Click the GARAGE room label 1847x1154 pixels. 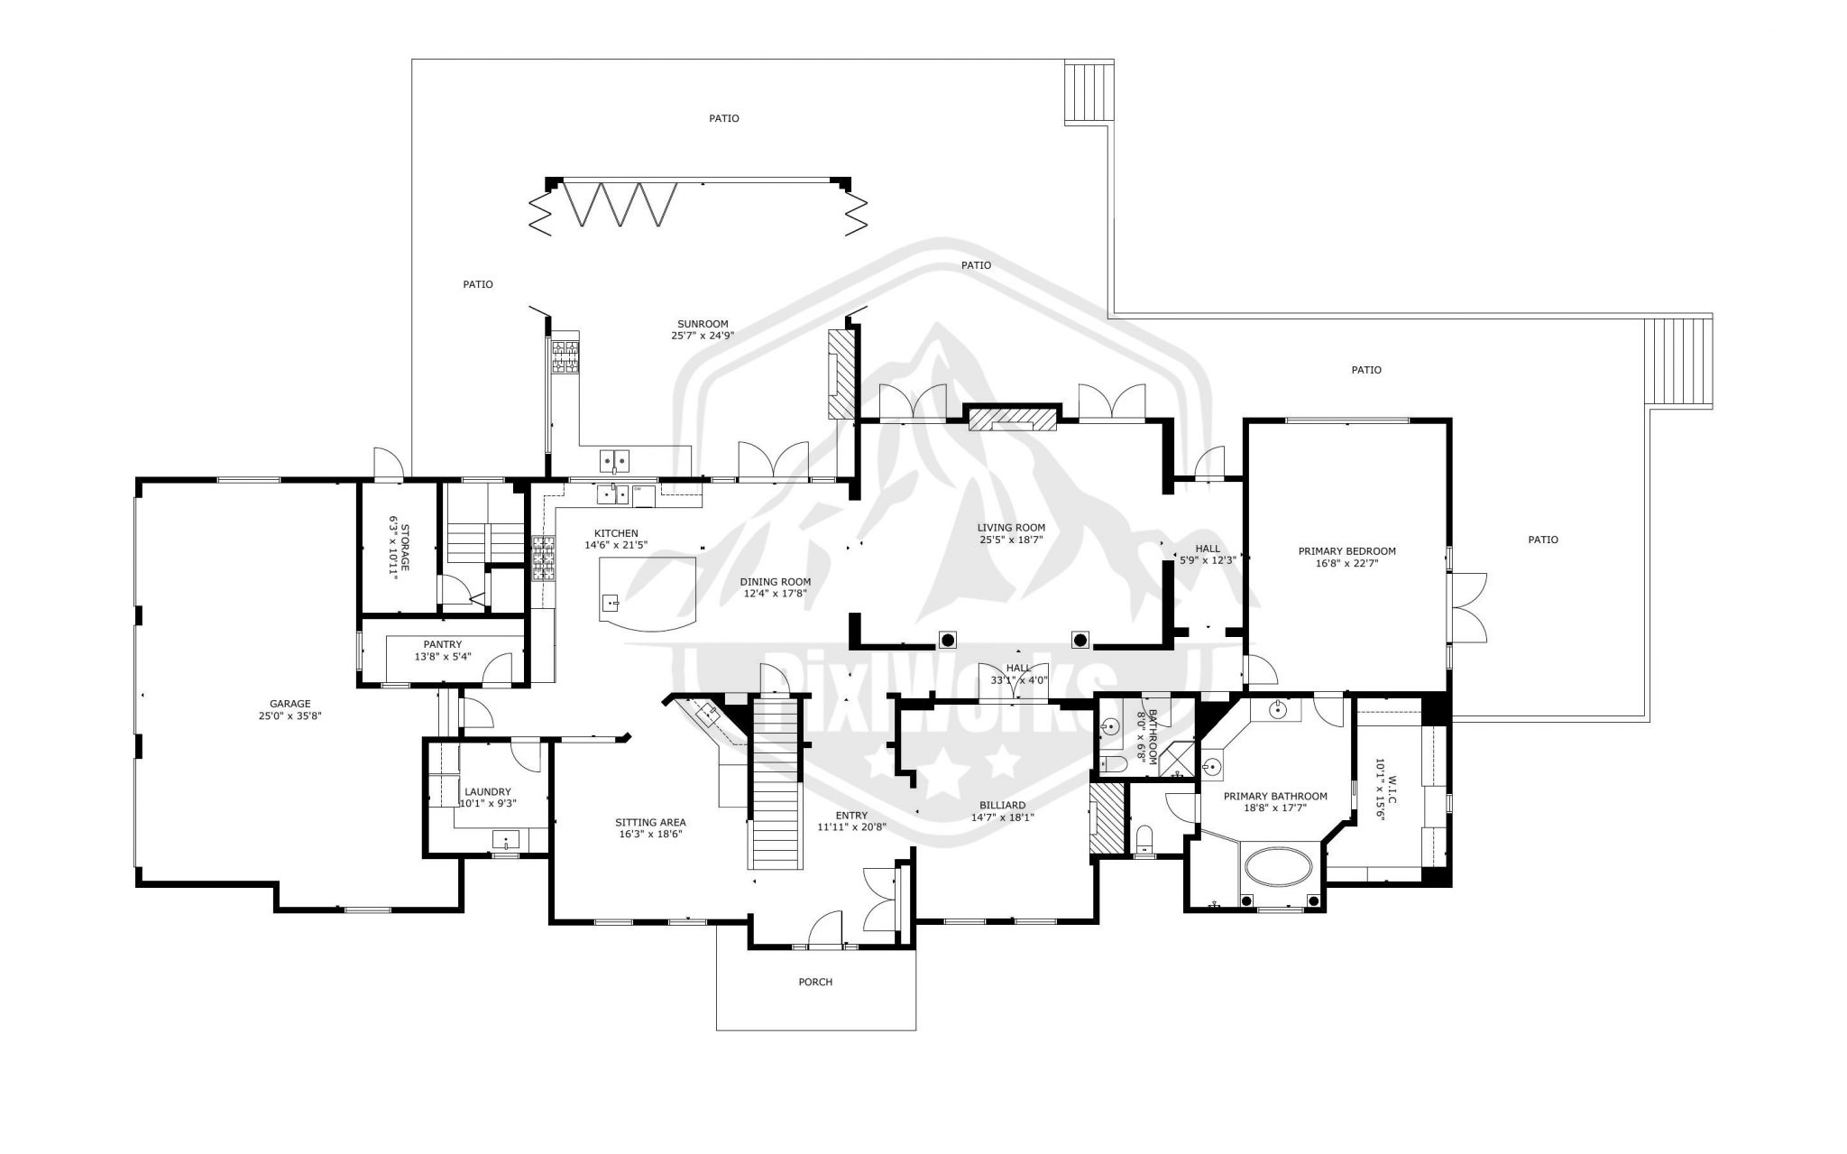[x=289, y=704]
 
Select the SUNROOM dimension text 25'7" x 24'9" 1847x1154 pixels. [x=703, y=336]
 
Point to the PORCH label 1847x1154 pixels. [x=815, y=982]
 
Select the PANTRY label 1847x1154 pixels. [x=443, y=644]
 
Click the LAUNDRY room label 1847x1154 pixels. [x=488, y=791]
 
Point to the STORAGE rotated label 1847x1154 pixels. [x=399, y=549]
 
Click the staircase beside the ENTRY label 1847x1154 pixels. [x=777, y=794]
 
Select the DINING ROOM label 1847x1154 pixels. [x=776, y=582]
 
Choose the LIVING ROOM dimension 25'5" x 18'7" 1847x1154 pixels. [x=1011, y=540]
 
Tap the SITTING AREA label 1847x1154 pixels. [x=650, y=822]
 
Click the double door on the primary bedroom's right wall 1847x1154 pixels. [x=1467, y=608]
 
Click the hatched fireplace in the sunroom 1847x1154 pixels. [x=840, y=374]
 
